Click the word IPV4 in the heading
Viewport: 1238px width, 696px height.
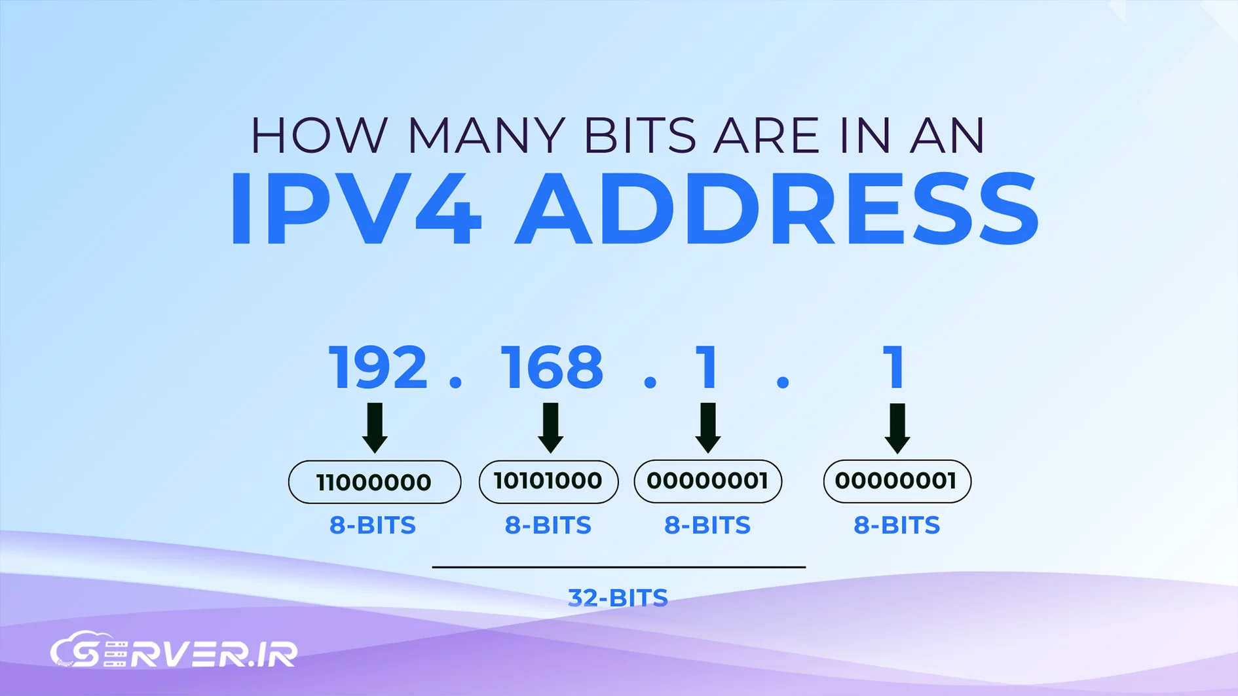(x=356, y=209)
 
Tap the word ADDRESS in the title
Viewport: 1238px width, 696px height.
(x=777, y=209)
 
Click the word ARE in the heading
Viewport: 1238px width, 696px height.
(x=766, y=136)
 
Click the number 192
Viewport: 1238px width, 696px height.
(x=378, y=368)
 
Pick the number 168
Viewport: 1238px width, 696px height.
(x=552, y=368)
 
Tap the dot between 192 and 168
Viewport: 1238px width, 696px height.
(x=456, y=382)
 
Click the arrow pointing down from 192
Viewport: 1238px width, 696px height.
(x=375, y=428)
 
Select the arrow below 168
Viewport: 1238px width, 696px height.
(x=551, y=428)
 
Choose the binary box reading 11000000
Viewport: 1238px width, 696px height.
(x=375, y=482)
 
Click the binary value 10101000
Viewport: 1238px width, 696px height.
(x=548, y=481)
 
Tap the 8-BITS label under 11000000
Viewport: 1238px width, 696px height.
(x=373, y=525)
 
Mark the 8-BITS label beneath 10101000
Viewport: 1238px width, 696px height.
(x=548, y=525)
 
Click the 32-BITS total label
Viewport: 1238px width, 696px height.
(x=618, y=598)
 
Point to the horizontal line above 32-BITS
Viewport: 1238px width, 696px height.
(x=619, y=567)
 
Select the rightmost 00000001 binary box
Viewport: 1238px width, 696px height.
(x=897, y=481)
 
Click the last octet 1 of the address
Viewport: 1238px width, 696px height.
(x=895, y=368)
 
